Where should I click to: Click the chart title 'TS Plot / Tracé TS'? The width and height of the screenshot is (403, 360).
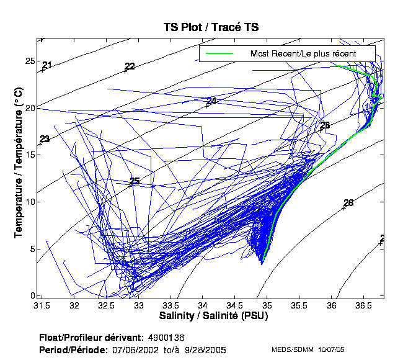211,27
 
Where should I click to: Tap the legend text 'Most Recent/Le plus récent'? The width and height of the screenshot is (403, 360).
303,54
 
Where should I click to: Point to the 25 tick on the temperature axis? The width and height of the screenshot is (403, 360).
29,61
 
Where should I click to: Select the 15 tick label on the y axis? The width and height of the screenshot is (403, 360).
29,155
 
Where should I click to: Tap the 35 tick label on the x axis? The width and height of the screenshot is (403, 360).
267,306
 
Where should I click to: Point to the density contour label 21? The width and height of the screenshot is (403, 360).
47,65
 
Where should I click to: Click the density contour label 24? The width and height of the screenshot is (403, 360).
212,101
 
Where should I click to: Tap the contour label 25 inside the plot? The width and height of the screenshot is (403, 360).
135,181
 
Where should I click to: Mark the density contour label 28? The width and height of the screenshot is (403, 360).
348,203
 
